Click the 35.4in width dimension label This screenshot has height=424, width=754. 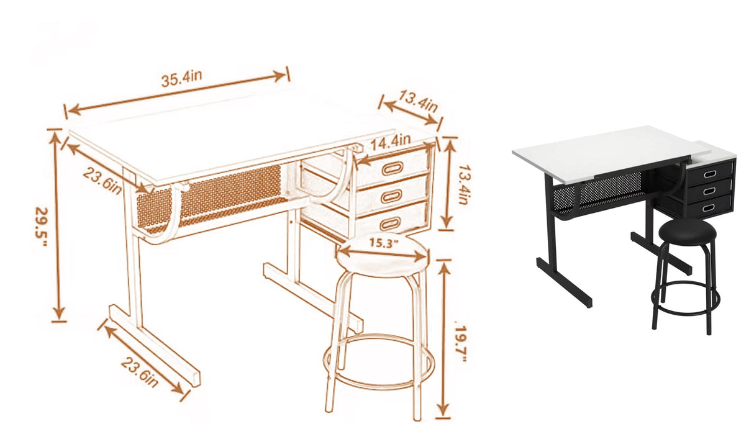[x=181, y=80]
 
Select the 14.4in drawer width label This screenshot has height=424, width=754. [x=391, y=143]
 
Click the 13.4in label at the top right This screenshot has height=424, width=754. [x=419, y=101]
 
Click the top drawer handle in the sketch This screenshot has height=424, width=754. [x=393, y=168]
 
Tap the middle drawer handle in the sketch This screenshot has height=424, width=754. [x=391, y=196]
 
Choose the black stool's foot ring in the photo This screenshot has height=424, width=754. [x=686, y=300]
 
